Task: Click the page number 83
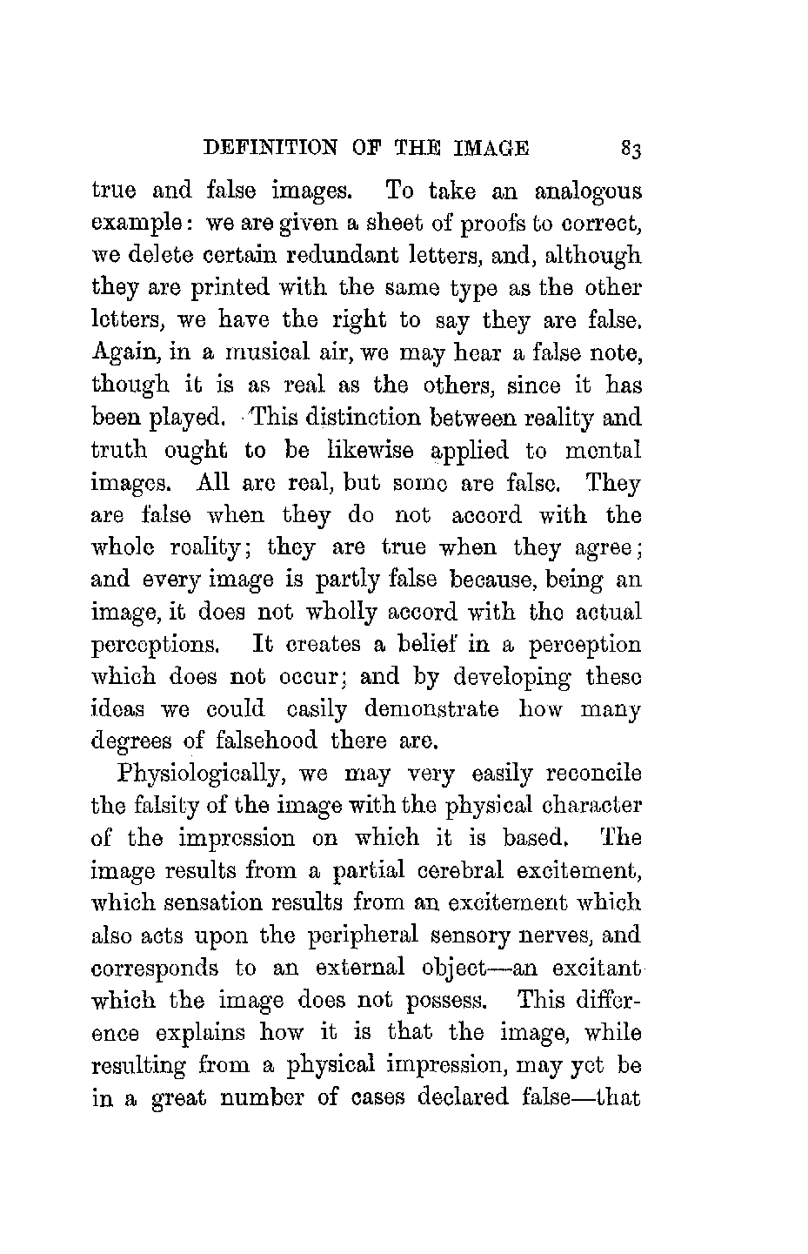[x=631, y=149]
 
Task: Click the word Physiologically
[x=205, y=774]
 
